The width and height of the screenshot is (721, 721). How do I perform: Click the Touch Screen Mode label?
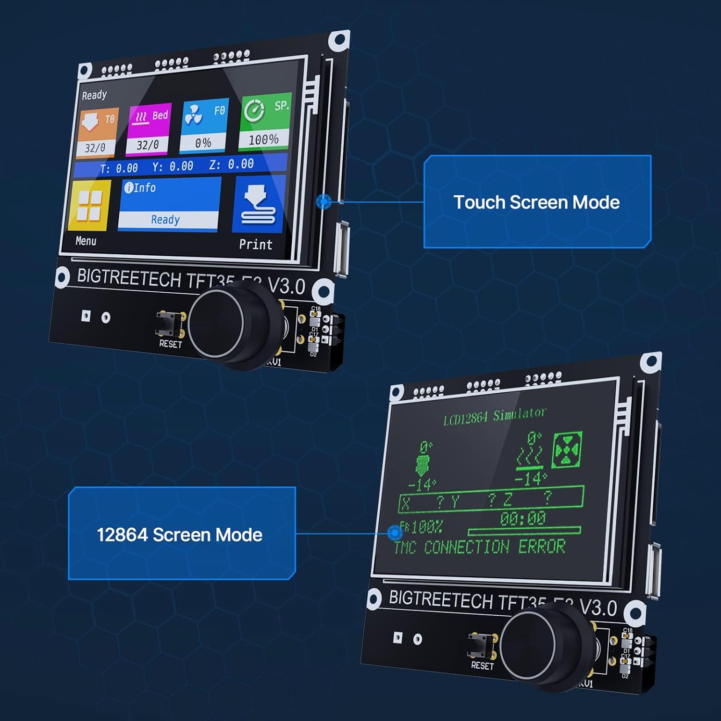[x=536, y=202]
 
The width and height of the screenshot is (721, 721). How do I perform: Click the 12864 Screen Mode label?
[x=179, y=535]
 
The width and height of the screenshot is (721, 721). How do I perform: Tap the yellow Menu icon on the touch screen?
[x=90, y=206]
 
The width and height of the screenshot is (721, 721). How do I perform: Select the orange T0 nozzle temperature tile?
[x=97, y=132]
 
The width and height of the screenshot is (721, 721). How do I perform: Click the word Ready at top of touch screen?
[x=94, y=95]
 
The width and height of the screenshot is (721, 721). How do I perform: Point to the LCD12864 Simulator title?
[x=495, y=416]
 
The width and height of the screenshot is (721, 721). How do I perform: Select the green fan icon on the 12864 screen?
[x=567, y=450]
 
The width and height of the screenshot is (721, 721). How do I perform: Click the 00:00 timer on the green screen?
[x=523, y=518]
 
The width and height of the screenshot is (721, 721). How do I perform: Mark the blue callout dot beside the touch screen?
[x=324, y=201]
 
